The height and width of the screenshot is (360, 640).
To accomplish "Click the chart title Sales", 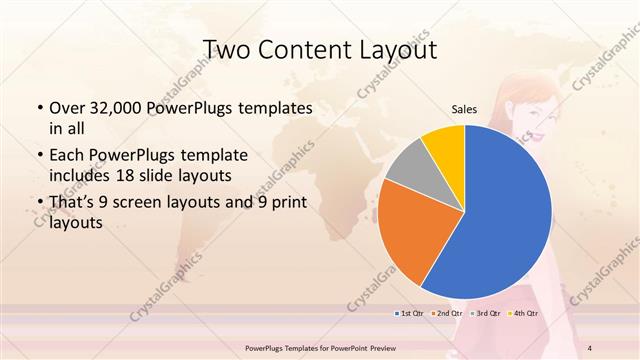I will coord(465,109).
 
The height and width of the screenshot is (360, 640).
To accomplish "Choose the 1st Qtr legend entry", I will coord(411,314).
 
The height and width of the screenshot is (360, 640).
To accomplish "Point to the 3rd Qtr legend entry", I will coord(484,314).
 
